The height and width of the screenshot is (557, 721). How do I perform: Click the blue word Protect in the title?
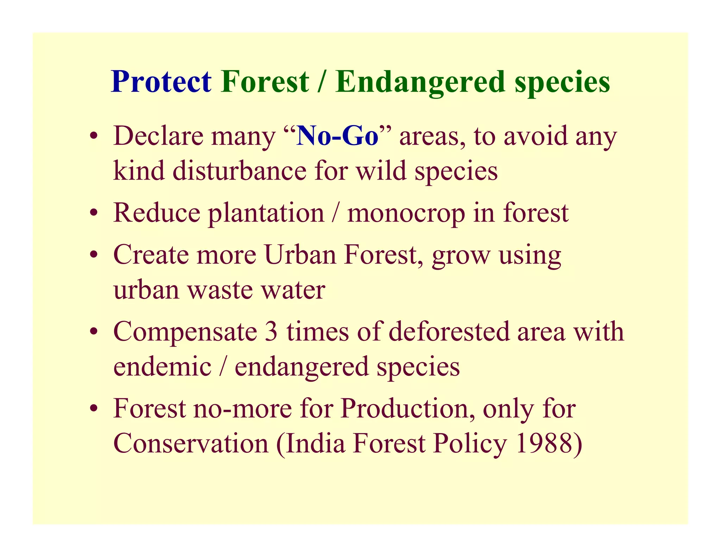coord(161,82)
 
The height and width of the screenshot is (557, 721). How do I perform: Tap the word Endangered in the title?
coord(420,82)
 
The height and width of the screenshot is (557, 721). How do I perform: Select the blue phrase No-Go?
coord(337,137)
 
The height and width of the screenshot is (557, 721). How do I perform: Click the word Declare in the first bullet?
coord(158,137)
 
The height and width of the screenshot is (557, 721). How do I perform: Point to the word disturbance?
coord(239,171)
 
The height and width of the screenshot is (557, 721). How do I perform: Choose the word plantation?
coord(266,213)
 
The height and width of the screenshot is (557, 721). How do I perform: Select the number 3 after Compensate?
coord(271,332)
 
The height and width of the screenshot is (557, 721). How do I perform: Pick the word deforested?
coord(449,332)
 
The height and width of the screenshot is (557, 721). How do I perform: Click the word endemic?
coord(162,367)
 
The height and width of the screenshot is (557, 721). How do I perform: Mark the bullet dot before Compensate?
coord(93,332)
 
